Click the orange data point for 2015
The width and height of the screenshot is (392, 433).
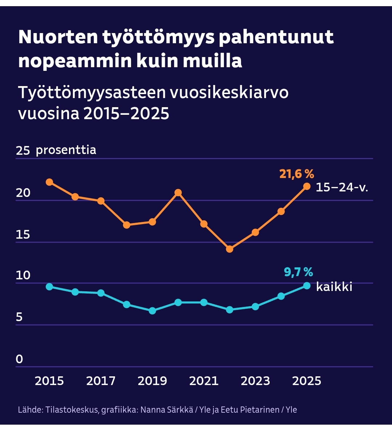[x=49, y=182]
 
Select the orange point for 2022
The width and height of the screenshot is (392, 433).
[x=229, y=249]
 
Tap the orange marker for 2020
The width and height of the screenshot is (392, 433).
[x=178, y=193]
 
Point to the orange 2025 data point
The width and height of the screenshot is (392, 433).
[x=307, y=186]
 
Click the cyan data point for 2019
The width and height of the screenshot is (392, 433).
[x=152, y=311]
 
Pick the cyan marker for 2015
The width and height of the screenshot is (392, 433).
[x=49, y=287]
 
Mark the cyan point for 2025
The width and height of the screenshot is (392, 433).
[x=307, y=286]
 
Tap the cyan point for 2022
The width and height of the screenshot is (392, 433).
[x=229, y=309]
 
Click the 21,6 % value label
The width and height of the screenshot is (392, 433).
[x=296, y=174]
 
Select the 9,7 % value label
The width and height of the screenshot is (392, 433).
[x=298, y=272]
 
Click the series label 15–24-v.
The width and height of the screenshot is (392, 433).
[x=342, y=187]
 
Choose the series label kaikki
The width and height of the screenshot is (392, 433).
[x=334, y=287]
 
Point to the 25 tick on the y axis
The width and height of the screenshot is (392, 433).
[x=23, y=151]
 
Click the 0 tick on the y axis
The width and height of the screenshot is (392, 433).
[x=19, y=359]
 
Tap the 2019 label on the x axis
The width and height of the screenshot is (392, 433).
[x=152, y=381]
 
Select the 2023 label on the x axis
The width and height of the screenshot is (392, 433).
[x=256, y=381]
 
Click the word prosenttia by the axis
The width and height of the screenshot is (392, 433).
[x=66, y=150]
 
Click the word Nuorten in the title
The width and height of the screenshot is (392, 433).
[x=58, y=37]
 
